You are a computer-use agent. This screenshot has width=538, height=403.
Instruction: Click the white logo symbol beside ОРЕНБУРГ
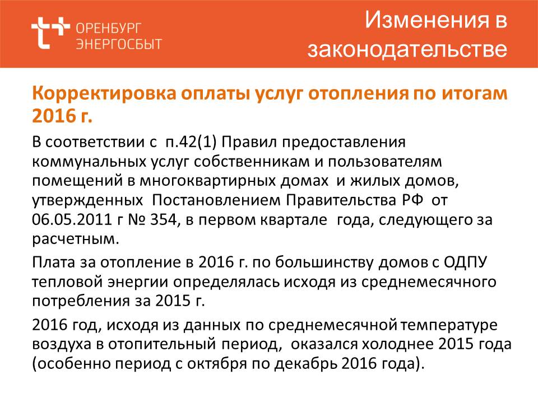pyautogui.click(x=50, y=32)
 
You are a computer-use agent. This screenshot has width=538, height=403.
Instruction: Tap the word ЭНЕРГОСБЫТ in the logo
pyautogui.click(x=119, y=44)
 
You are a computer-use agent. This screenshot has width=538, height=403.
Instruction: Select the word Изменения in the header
pyautogui.click(x=426, y=20)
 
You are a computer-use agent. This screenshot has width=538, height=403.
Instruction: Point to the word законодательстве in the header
pyautogui.click(x=407, y=49)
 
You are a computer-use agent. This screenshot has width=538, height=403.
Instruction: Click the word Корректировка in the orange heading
pyautogui.click(x=104, y=93)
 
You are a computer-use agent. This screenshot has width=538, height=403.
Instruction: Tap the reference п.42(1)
pyautogui.click(x=191, y=142)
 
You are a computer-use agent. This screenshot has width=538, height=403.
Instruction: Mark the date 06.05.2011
pyautogui.click(x=72, y=219)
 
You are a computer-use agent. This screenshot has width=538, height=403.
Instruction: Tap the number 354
pyautogui.click(x=163, y=219)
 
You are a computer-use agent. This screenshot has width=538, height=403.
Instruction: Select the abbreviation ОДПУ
pyautogui.click(x=465, y=263)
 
